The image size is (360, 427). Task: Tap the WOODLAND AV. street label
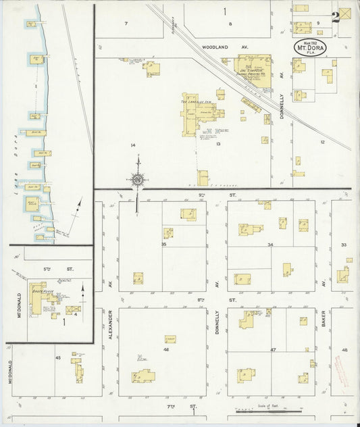pyautogui.click(x=216, y=47)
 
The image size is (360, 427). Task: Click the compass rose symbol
pyautogui.click(x=138, y=179)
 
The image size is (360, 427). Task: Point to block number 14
pyautogui.click(x=133, y=145)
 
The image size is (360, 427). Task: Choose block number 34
pyautogui.click(x=270, y=245)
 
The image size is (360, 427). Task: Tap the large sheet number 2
pyautogui.click(x=336, y=17)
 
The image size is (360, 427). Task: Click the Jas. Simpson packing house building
pyautogui.click(x=252, y=65)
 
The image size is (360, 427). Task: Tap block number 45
pyautogui.click(x=57, y=357)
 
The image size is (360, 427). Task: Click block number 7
pyautogui.click(x=126, y=24)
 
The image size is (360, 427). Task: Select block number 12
pyautogui.click(x=323, y=142)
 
